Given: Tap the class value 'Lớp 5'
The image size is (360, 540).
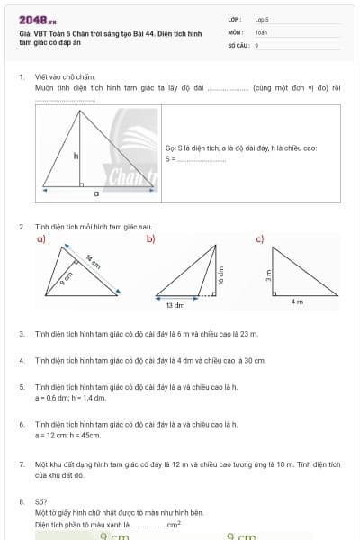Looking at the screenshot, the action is coord(262,19).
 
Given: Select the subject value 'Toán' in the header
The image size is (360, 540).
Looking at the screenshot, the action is coord(261,31).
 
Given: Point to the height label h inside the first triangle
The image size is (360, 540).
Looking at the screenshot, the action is coord(76,156).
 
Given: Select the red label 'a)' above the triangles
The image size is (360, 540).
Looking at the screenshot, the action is coord(40,239).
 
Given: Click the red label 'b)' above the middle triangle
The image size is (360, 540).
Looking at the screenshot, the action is coord(151,238).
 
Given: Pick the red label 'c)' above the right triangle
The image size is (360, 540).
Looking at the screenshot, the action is coord(260,238).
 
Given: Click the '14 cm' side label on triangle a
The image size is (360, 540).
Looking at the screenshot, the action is coord(92,265).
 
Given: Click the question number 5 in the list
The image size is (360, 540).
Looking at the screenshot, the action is coord(22,386).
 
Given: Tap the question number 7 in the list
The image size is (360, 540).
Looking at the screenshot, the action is coord(22,463).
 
